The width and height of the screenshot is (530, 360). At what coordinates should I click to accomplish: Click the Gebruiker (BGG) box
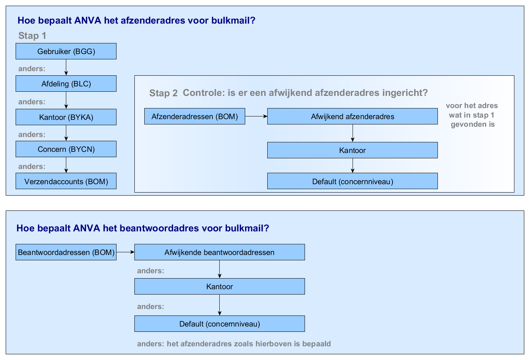point(66,51)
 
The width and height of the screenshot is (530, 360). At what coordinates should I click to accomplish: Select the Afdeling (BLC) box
point(66,84)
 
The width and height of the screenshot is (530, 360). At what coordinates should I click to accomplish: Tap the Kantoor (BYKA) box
point(66,117)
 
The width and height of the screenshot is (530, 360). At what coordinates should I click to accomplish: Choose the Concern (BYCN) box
point(66,149)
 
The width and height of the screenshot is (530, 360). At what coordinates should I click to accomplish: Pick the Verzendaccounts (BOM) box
point(66,182)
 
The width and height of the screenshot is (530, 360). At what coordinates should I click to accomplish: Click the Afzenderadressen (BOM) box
point(195,116)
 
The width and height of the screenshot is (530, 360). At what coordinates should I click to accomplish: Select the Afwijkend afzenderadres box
point(352,116)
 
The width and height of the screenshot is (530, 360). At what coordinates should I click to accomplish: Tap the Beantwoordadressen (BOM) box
point(66,252)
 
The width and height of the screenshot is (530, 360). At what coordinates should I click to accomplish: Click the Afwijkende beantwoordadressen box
point(219,252)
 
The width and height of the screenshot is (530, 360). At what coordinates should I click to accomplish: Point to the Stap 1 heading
point(32,36)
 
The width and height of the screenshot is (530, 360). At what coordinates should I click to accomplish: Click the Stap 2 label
point(163,93)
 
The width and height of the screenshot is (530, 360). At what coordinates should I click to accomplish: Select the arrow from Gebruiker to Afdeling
point(66,67)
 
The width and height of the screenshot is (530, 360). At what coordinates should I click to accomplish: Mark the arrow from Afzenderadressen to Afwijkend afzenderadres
point(256,116)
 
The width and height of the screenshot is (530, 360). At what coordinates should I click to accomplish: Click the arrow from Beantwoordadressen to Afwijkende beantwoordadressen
point(125,252)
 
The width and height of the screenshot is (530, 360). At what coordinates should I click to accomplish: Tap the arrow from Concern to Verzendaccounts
point(66,165)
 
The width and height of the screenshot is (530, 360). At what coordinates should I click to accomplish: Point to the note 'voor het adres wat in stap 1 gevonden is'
point(472,115)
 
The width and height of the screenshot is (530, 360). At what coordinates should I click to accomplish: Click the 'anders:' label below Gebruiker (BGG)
point(32,69)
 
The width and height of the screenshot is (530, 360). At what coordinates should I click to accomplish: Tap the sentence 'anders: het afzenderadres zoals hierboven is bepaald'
point(234,344)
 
